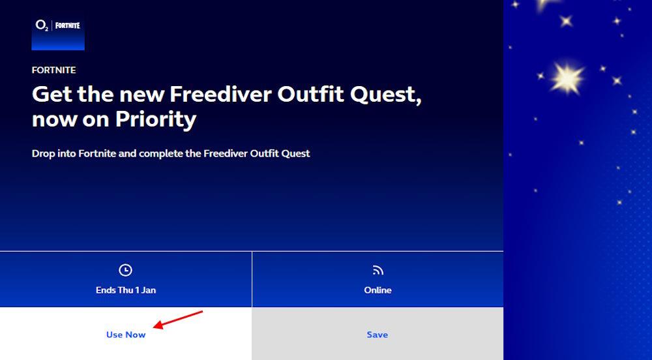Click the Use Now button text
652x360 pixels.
pos(126,335)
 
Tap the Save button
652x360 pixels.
pos(377,334)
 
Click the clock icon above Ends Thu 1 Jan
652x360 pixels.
pos(125,270)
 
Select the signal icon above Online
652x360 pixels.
pos(378,271)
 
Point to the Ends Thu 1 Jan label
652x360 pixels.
pos(126,290)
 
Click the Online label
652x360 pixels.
pos(378,290)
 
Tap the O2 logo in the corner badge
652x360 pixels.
pos(42,26)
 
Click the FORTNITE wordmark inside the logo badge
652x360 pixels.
pos(67,25)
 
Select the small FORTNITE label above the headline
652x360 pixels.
pos(54,70)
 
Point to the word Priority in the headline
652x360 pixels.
pos(156,120)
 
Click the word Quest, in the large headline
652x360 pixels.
pos(385,95)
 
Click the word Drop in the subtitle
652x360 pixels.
pos(43,154)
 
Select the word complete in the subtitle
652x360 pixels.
pos(161,154)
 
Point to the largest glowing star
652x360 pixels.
pos(567,78)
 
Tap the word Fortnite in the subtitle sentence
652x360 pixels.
pos(97,153)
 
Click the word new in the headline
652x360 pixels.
pos(141,95)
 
